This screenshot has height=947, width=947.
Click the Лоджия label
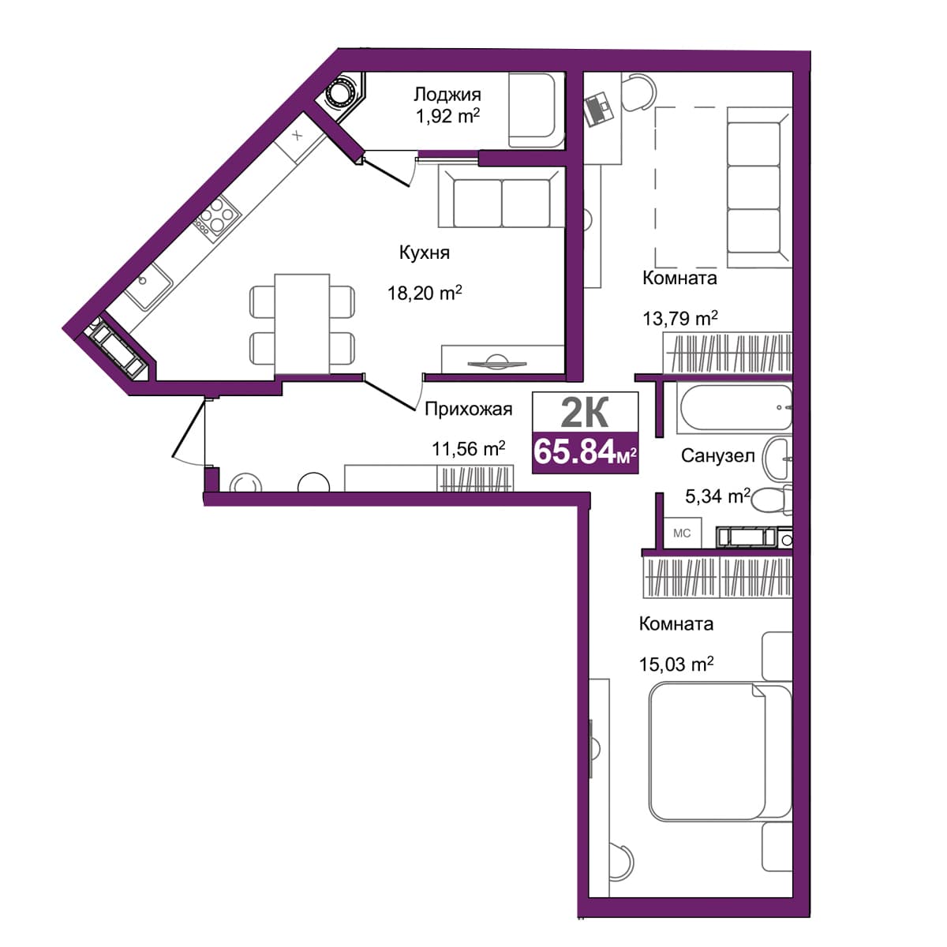pyautogui.click(x=447, y=95)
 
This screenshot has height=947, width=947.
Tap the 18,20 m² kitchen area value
pyautogui.click(x=425, y=293)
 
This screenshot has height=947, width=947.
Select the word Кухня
pyautogui.click(x=424, y=253)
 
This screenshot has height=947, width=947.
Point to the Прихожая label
pyautogui.click(x=468, y=409)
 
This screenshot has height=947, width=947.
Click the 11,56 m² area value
pyautogui.click(x=468, y=448)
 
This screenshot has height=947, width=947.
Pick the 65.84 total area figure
pyautogui.click(x=574, y=451)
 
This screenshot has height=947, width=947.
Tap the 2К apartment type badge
pyautogui.click(x=585, y=413)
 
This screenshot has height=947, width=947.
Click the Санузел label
pyautogui.click(x=717, y=456)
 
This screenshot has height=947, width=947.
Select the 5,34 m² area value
pyautogui.click(x=717, y=496)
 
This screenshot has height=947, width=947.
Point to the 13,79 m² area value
pyautogui.click(x=680, y=319)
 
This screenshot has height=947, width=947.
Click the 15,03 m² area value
pyautogui.click(x=676, y=664)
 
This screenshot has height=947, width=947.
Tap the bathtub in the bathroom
pyautogui.click(x=734, y=408)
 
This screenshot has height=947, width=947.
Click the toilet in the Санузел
pyautogui.click(x=772, y=500)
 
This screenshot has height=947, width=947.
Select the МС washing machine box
pyautogui.click(x=682, y=533)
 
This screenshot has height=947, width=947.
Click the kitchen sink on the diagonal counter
pyautogui.click(x=148, y=286)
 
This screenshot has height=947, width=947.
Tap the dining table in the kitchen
pyautogui.click(x=301, y=324)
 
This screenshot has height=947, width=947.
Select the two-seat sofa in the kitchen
pyautogui.click(x=501, y=197)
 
